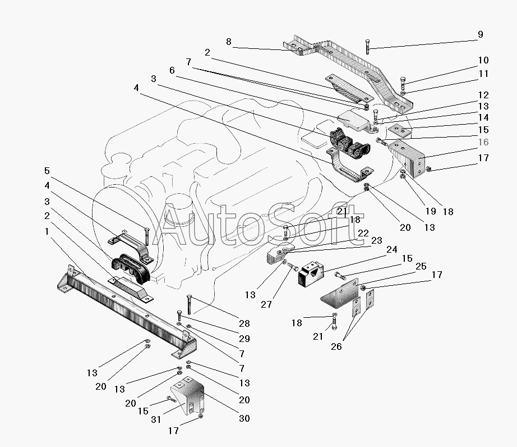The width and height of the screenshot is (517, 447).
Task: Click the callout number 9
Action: pos(481,35)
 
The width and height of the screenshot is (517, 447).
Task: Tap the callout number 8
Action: pos(229,42)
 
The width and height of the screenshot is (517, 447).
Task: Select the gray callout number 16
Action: pos(483,142)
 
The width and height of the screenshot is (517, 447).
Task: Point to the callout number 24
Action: pos(392,249)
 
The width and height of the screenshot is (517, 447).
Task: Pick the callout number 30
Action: pos(244,418)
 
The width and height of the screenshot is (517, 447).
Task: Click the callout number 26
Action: pos(336,346)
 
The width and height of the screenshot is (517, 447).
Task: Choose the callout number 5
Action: pos(47,171)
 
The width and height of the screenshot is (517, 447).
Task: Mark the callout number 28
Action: pos(244,323)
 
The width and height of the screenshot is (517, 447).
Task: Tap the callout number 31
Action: pos(156,419)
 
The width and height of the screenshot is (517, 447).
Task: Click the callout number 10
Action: pos(483,61)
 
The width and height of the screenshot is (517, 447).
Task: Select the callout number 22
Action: pos(363,233)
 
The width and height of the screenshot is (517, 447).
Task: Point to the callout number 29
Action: pos(244,339)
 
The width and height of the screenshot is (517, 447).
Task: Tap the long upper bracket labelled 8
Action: pos(348,74)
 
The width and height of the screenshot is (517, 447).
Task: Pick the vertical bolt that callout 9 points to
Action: pos(368,47)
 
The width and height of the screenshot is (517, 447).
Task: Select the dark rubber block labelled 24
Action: pos(311,273)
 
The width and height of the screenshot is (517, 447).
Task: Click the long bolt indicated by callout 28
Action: pos(189,304)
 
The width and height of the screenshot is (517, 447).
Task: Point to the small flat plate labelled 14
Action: pos(399,131)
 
